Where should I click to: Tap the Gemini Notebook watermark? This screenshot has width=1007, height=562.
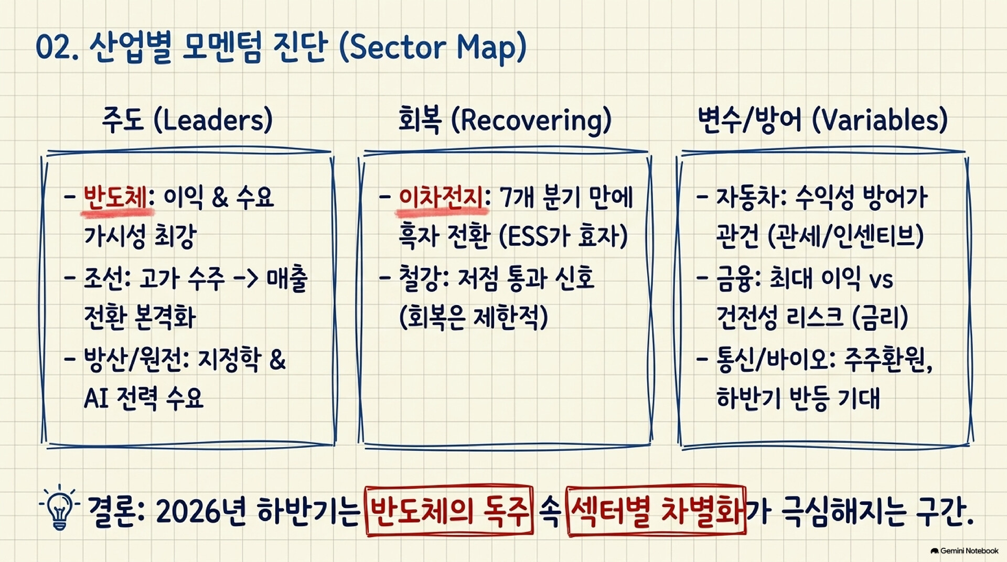coord(965,551)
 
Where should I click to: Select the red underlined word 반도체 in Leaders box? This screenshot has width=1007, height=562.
coord(115,198)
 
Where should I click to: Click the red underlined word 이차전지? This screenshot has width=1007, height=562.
coord(441,198)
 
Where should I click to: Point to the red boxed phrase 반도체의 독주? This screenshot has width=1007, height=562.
coord(449,511)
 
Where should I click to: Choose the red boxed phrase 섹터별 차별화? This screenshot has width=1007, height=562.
coord(656,511)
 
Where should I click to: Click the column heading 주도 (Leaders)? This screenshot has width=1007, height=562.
coord(187,120)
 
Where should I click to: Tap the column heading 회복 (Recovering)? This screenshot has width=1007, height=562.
coord(505,120)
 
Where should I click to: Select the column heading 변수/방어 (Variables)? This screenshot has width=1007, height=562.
coord(822,120)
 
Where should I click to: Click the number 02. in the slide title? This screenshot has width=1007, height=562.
coord(57,48)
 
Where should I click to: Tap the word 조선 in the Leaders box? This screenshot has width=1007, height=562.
coord(104,279)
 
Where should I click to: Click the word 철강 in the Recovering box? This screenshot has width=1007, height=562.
coord(420,279)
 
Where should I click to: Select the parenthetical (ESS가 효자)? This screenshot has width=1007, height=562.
coord(563,237)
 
